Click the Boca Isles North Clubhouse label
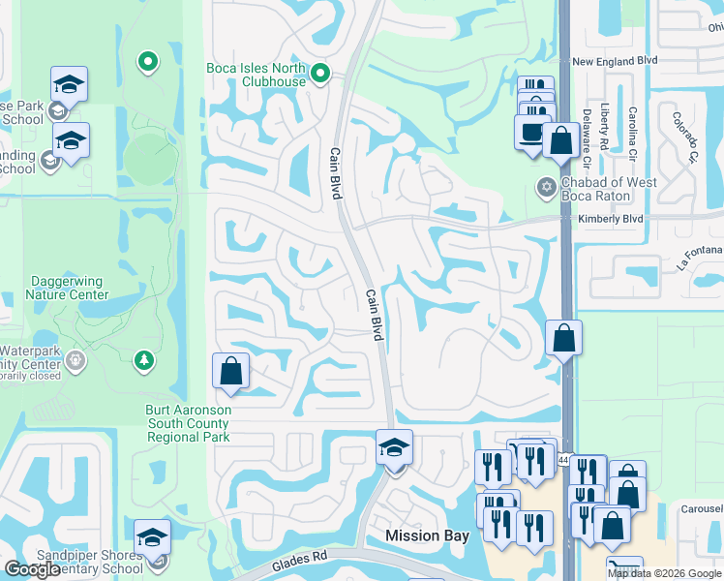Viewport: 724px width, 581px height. (x=256, y=75)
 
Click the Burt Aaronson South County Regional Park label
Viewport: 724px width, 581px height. (x=188, y=423)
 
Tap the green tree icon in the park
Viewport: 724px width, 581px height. (x=143, y=360)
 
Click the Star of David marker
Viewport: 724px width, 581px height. (x=546, y=187)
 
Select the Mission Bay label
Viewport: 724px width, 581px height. (x=427, y=535)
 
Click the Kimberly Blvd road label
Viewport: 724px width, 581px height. (x=611, y=220)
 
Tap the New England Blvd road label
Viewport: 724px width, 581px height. (x=616, y=60)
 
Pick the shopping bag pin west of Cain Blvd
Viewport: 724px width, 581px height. (x=230, y=372)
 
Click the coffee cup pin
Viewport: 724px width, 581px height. (x=531, y=133)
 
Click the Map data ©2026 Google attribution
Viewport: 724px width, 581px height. (x=665, y=573)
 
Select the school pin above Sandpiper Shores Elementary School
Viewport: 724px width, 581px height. (x=152, y=538)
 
